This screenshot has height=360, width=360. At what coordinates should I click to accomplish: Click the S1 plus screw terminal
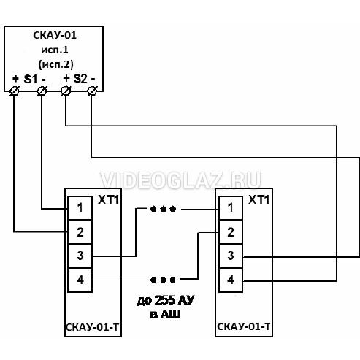[15, 91]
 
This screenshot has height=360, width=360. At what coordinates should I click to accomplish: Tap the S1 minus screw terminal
[42, 91]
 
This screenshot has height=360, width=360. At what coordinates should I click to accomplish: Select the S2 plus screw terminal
[66, 91]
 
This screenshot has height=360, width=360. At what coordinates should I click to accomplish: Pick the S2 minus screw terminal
[92, 91]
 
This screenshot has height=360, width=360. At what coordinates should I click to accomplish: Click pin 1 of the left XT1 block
[80, 208]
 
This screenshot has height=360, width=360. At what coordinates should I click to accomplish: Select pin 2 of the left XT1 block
[80, 232]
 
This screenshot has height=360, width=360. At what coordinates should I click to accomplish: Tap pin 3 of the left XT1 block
[80, 256]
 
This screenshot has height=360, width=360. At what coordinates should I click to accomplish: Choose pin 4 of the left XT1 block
[80, 280]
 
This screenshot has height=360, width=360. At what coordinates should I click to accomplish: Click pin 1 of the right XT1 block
[231, 208]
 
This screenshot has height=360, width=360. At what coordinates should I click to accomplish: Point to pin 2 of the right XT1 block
[231, 232]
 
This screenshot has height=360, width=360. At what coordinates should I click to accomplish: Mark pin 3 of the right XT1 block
[231, 256]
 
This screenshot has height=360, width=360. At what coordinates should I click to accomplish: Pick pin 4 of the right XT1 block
[231, 280]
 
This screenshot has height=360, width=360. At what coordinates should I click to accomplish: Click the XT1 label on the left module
[108, 200]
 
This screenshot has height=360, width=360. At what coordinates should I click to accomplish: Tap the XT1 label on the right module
[258, 200]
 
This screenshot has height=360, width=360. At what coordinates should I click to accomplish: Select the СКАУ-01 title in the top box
[55, 35]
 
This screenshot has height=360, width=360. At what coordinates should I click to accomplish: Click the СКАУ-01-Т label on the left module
[93, 327]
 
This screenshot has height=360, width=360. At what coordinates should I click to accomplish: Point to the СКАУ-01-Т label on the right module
[244, 326]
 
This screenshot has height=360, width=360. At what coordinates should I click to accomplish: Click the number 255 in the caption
[164, 300]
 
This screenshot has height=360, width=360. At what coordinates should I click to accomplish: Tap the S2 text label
[80, 79]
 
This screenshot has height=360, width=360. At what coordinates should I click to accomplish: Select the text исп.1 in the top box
[55, 50]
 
